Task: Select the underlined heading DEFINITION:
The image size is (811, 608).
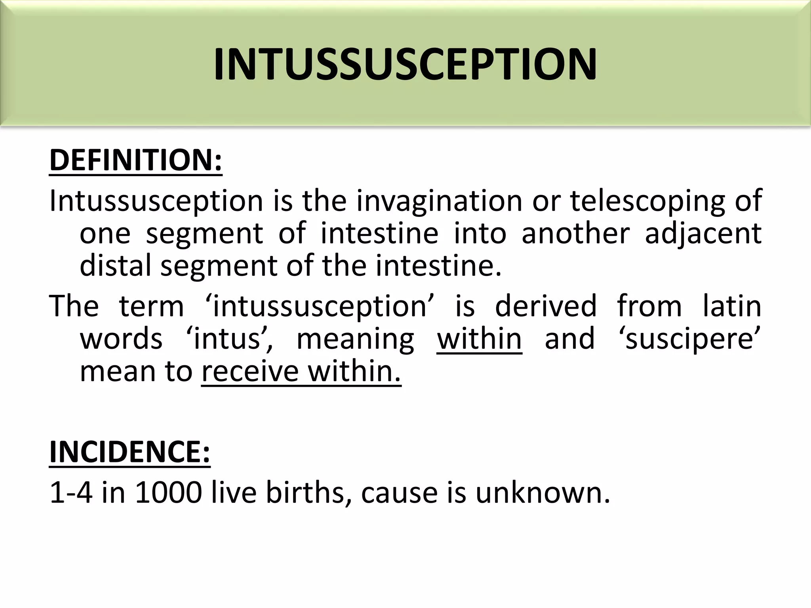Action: pos(136,160)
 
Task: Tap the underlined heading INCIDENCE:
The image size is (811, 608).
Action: pos(129,452)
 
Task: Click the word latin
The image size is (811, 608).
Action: pos(732,306)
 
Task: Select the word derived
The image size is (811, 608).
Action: pos(546,306)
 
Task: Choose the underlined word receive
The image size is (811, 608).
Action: pos(250,372)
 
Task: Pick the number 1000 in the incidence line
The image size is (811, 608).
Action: pos(169,493)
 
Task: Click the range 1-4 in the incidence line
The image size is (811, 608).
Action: pos(71,493)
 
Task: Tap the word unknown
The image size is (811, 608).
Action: pos(543,493)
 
